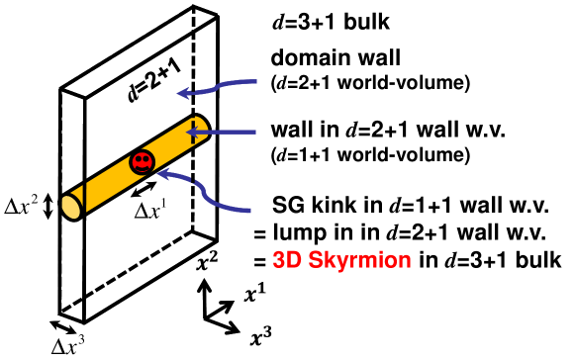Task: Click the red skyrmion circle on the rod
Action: [143, 161]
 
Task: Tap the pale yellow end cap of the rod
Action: [70, 207]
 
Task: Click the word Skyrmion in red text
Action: [359, 261]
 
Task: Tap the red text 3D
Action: [286, 261]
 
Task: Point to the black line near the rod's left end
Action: [85, 196]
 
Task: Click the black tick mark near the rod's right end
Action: [193, 132]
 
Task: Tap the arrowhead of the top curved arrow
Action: [183, 94]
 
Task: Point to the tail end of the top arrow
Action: [254, 81]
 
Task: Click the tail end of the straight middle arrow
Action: [254, 132]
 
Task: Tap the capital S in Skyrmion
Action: [315, 261]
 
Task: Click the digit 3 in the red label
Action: [279, 261]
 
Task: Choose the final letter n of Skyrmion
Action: [404, 262]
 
